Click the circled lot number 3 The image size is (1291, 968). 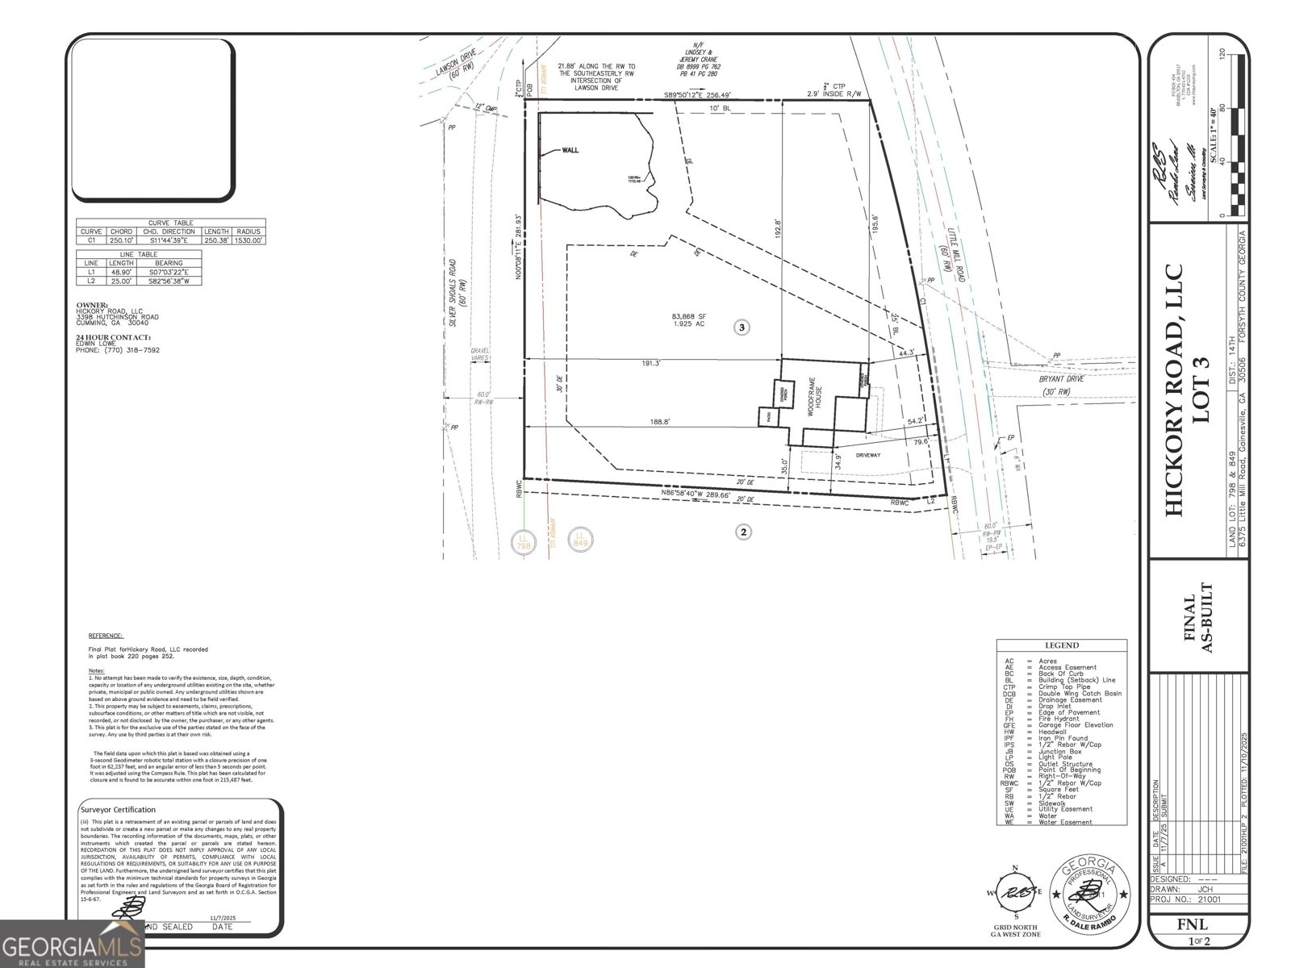[742, 327]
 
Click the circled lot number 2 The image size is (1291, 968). [743, 532]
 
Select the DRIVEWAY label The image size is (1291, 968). [867, 456]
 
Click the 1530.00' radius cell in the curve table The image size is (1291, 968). [249, 240]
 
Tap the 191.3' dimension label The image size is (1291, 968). [650, 364]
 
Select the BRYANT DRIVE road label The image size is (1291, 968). [1063, 378]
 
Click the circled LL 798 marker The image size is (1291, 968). [525, 540]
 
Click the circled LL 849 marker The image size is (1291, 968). [579, 538]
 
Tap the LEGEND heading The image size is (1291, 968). [1061, 645]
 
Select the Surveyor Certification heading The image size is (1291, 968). [118, 809]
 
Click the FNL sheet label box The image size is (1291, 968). [1198, 924]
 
